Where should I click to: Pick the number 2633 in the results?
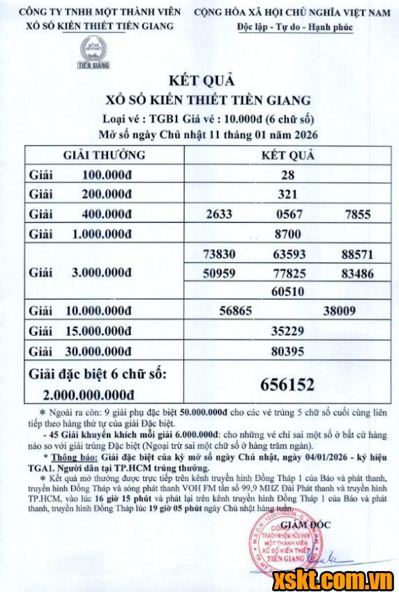tap(218, 215)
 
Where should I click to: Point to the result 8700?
tap(288, 235)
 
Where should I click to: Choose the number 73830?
tap(218, 255)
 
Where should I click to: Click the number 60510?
tap(288, 291)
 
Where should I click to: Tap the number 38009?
tap(340, 311)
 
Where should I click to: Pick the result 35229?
tap(288, 332)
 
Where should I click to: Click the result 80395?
tap(288, 352)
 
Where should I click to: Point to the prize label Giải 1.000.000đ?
tap(91, 235)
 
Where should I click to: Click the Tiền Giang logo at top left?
tap(89, 53)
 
